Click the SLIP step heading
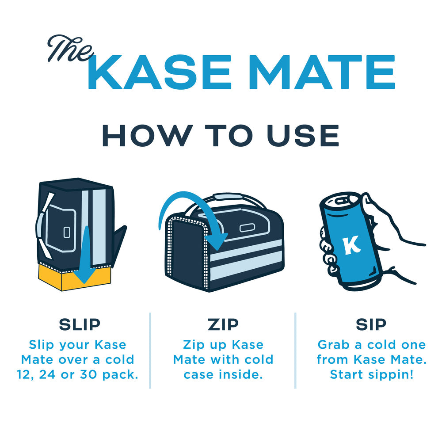pos(80,324)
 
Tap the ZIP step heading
pos(223,324)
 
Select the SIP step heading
pos(371,324)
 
